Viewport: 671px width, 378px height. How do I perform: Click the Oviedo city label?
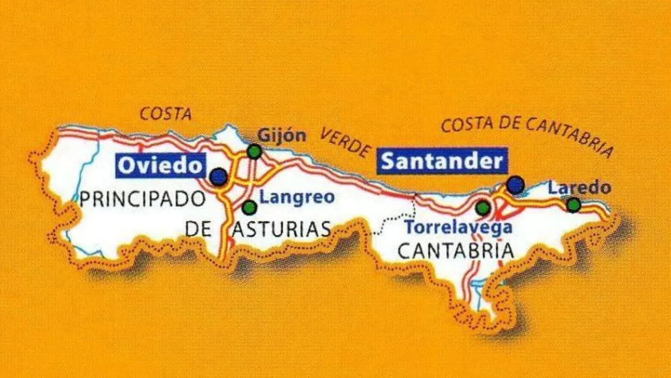(160, 165)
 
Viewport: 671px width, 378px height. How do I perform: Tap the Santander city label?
(442, 162)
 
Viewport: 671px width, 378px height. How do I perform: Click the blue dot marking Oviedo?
(218, 177)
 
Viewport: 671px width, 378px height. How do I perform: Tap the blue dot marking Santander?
(515, 184)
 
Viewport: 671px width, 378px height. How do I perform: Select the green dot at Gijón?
(254, 151)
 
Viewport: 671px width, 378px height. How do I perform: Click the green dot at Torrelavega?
(482, 208)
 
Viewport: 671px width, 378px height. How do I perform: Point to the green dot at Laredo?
(573, 204)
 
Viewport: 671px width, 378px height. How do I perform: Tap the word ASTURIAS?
(281, 230)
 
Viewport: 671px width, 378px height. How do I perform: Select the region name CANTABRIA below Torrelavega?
(456, 251)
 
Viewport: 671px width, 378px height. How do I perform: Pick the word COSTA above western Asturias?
(165, 115)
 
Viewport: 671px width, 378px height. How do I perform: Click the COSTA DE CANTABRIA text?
(527, 132)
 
